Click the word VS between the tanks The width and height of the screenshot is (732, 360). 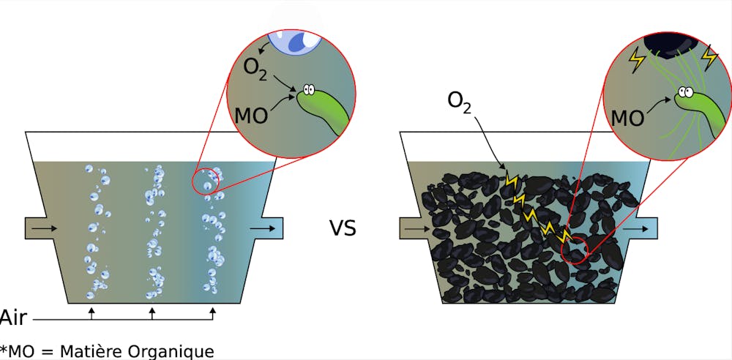pyautogui.click(x=342, y=229)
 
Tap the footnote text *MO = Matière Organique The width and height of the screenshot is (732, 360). pyautogui.click(x=108, y=350)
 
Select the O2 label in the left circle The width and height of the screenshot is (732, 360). pyautogui.click(x=257, y=71)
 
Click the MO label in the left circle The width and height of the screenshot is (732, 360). pyautogui.click(x=253, y=116)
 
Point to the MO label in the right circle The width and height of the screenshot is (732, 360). pyautogui.click(x=627, y=116)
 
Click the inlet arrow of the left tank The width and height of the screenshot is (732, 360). pyautogui.click(x=43, y=229)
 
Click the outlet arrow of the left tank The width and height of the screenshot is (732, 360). pyautogui.click(x=263, y=229)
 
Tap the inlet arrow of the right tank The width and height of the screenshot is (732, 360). pyautogui.click(x=417, y=229)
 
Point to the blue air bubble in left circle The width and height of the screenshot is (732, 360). pyautogui.click(x=297, y=41)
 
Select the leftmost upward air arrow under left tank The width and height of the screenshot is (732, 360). pyautogui.click(x=91, y=314)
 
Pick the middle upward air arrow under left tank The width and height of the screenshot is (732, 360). pyautogui.click(x=152, y=314)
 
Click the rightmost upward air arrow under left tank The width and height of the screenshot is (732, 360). pyautogui.click(x=213, y=314)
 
